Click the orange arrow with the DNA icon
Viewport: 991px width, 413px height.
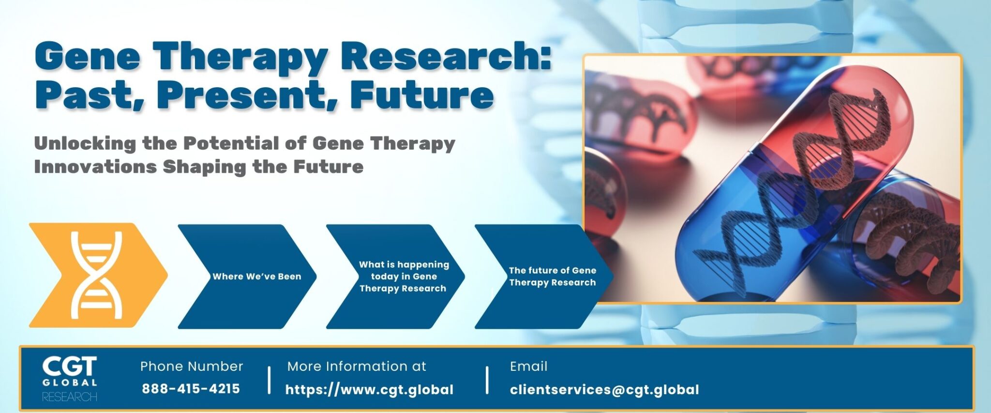[97, 275]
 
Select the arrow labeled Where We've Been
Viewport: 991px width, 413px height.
[247, 276]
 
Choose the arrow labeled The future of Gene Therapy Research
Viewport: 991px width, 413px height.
[544, 276]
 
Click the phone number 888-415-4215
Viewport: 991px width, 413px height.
[191, 389]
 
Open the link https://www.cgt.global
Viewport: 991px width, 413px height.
[369, 390]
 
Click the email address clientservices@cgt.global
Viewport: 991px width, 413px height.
[604, 390]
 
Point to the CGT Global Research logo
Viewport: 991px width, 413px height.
[70, 379]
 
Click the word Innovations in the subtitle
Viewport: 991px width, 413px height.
[95, 167]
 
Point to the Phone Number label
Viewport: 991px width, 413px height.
[192, 367]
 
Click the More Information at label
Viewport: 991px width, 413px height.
[357, 367]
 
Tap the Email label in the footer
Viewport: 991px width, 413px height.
[528, 367]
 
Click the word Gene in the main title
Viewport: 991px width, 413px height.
[88, 57]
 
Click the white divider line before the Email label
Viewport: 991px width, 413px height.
[487, 380]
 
